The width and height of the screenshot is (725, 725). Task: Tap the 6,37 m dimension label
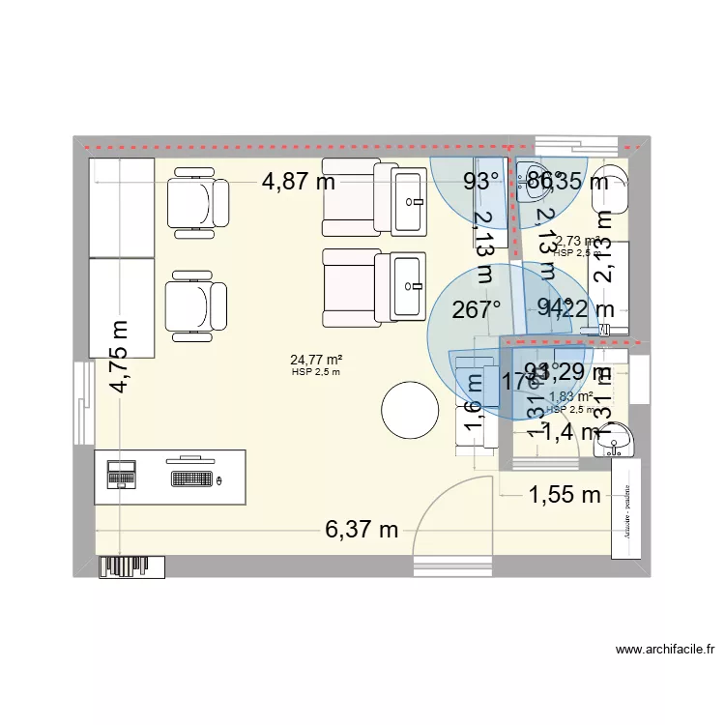coord(362,529)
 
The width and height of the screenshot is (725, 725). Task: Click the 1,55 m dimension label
coord(564,496)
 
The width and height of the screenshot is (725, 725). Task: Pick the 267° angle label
coord(478,309)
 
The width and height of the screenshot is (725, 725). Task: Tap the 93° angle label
coord(481,181)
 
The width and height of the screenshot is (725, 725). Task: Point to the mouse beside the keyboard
coord(220,479)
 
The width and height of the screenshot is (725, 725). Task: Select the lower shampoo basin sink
coord(410,285)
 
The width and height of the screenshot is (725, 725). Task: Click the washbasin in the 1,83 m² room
coord(615,440)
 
